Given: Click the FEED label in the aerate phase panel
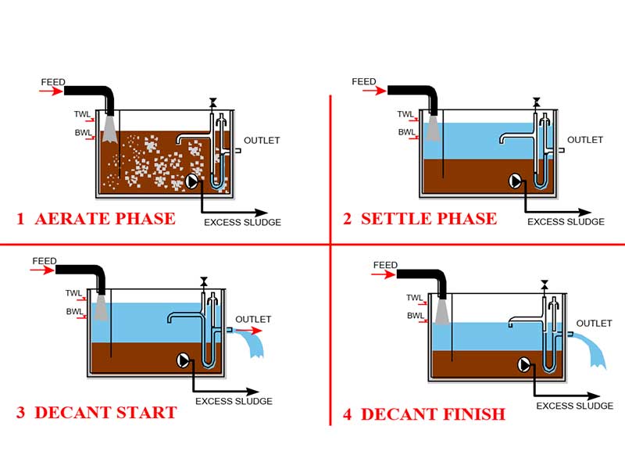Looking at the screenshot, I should (x=55, y=81).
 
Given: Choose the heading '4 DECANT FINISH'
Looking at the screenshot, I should (x=424, y=414).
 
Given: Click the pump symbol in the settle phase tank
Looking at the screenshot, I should (x=516, y=181).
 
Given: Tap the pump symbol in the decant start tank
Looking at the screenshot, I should (x=184, y=360).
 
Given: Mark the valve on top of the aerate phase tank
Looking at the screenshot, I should (x=212, y=103).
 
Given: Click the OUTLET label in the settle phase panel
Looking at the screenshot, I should (x=585, y=140).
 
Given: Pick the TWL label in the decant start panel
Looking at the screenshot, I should (x=74, y=294).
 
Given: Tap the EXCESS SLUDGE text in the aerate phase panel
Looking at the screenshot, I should (x=242, y=222).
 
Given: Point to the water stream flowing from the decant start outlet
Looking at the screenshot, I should (x=256, y=344).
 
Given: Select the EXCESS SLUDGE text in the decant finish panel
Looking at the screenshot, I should (x=574, y=406).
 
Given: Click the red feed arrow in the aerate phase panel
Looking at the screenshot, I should (x=52, y=91).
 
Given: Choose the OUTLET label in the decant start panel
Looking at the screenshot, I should (x=253, y=319).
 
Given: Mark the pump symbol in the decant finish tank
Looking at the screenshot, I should (x=524, y=363).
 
